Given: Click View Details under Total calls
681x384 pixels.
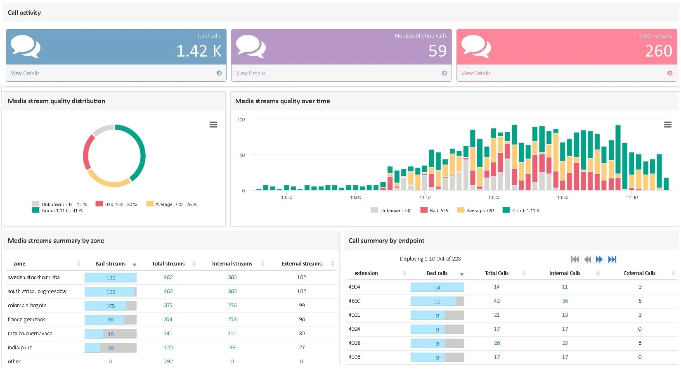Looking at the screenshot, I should pyautogui.click(x=25, y=73).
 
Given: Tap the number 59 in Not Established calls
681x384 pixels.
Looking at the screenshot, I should pyautogui.click(x=437, y=51).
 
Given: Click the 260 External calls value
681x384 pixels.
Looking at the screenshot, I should pyautogui.click(x=658, y=51).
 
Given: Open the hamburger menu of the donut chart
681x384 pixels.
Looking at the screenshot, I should pyautogui.click(x=213, y=125).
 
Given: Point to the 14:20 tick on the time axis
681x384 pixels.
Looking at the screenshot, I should pyautogui.click(x=494, y=197).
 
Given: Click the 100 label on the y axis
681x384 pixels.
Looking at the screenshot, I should pyautogui.click(x=241, y=120).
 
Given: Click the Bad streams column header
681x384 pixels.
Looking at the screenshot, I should pyautogui.click(x=110, y=264).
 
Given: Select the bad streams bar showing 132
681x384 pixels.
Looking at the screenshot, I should pyautogui.click(x=111, y=278).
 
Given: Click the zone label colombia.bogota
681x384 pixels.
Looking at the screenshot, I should pyautogui.click(x=27, y=306).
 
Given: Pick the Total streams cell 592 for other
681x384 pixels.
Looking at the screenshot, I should pyautogui.click(x=168, y=362).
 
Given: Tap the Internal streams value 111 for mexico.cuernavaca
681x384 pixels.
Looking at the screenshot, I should pyautogui.click(x=232, y=334).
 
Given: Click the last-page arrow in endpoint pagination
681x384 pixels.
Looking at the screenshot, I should pyautogui.click(x=612, y=259).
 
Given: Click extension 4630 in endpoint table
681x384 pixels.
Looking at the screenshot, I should pyautogui.click(x=354, y=301).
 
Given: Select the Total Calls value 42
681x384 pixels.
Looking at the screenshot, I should pyautogui.click(x=497, y=301).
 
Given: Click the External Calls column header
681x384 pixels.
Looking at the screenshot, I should pyautogui.click(x=639, y=273).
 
